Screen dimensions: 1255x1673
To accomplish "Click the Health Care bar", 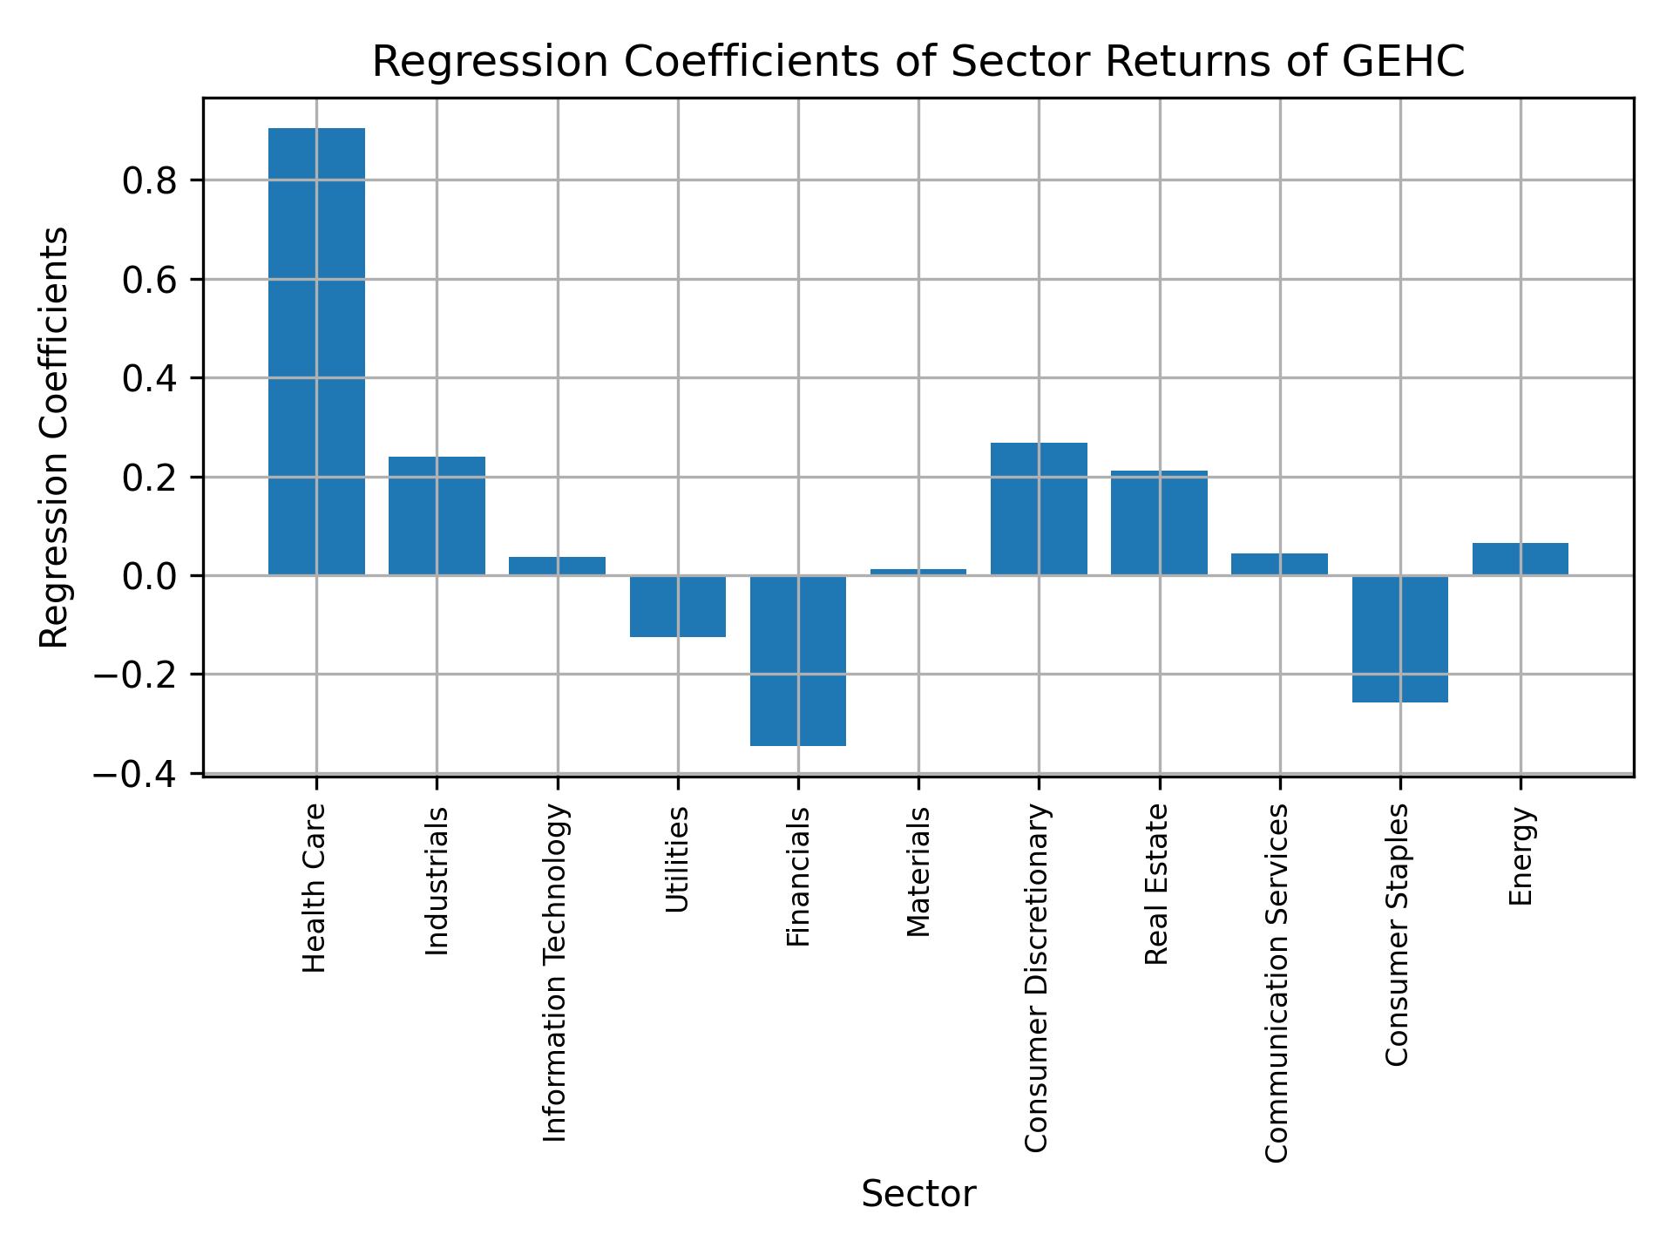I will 316,351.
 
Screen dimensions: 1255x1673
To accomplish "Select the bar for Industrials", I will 437,516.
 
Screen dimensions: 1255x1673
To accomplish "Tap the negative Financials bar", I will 798,661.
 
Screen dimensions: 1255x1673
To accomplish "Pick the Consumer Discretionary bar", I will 1039,509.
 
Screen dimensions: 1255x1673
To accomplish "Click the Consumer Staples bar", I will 1399,639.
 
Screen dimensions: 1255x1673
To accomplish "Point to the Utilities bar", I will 678,607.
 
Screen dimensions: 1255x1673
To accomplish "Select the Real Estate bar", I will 1159,523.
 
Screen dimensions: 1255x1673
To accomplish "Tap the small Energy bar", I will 1520,560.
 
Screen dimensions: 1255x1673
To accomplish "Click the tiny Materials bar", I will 918,572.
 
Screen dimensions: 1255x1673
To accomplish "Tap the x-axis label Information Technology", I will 556,973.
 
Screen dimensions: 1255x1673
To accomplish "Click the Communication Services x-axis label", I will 1277,983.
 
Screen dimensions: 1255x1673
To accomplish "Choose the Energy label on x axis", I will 1521,857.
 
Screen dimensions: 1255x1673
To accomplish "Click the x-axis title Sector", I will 918,1194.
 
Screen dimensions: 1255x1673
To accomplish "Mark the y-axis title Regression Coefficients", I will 54,438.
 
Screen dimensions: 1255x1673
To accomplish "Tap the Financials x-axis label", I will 798,877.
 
